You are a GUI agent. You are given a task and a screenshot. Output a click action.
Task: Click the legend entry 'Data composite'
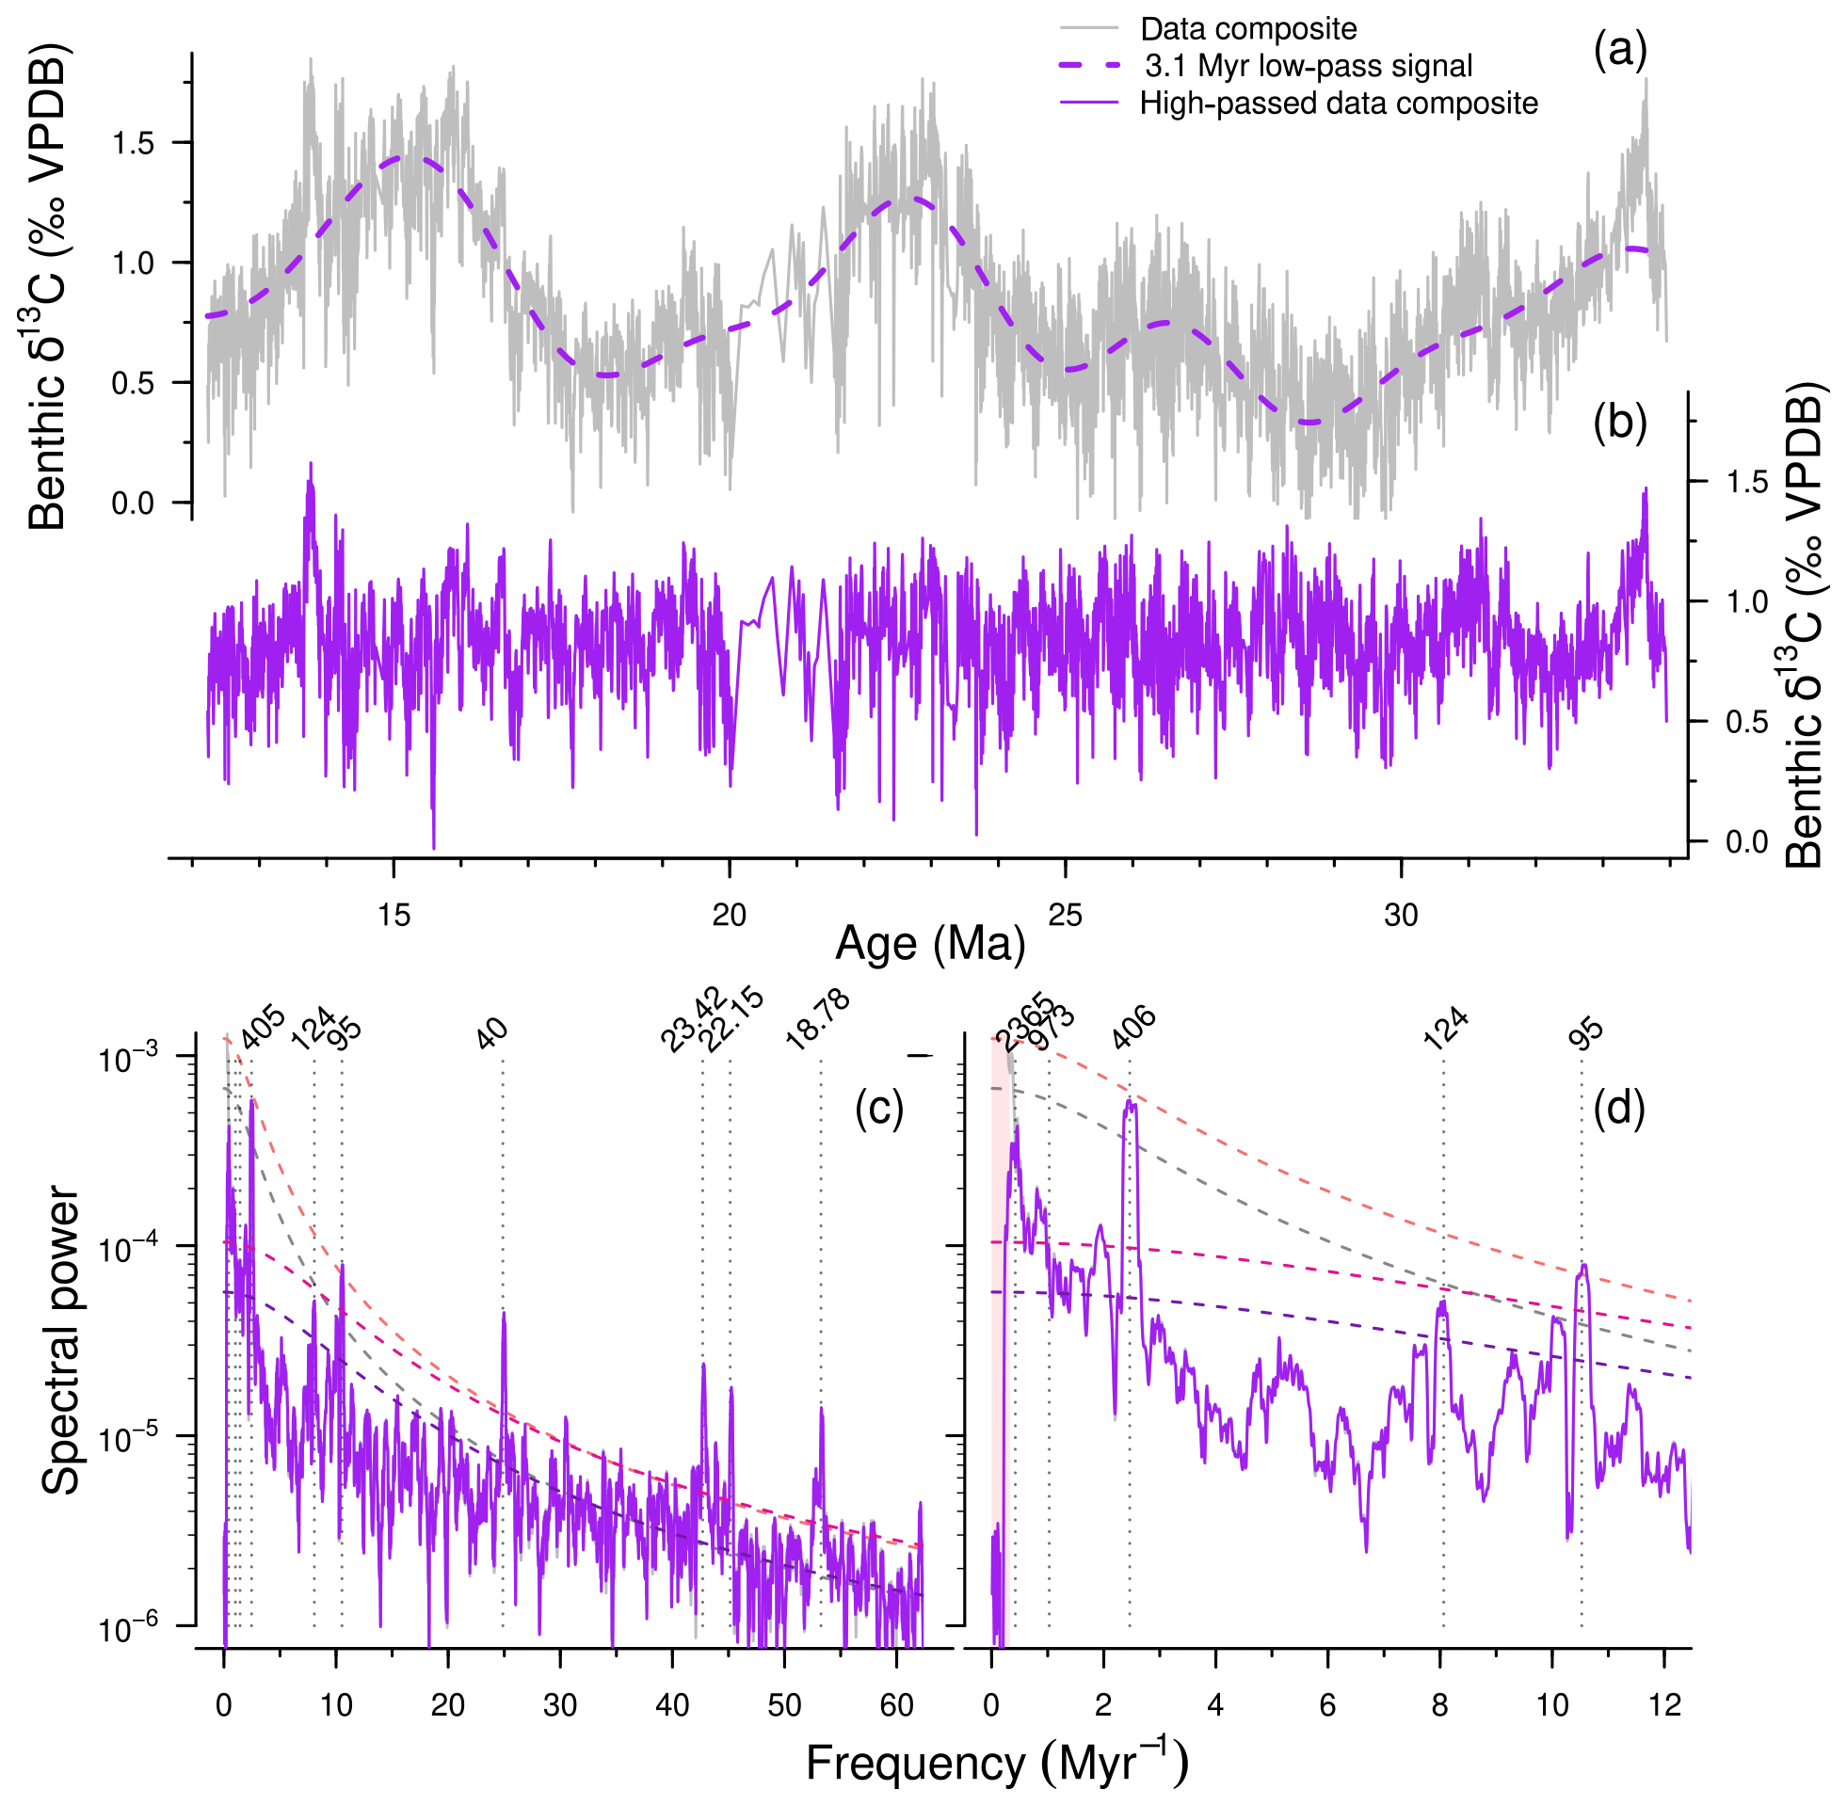pos(1247,29)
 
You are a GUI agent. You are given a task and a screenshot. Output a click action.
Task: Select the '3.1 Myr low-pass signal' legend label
pos(1309,67)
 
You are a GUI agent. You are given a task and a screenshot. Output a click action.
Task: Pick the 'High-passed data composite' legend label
pos(1339,103)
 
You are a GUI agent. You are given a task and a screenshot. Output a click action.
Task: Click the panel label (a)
pos(1620,49)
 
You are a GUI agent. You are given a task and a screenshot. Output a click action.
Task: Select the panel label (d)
pos(1619,1108)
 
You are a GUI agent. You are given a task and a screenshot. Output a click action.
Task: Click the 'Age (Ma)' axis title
pos(930,945)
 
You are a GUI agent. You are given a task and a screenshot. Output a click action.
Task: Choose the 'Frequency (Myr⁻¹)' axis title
pos(997,1765)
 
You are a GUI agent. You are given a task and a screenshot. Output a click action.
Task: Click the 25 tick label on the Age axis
pos(1066,916)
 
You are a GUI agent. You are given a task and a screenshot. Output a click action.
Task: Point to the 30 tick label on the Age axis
pos(1401,916)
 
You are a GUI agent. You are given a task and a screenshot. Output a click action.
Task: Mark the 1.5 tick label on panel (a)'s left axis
pos(133,143)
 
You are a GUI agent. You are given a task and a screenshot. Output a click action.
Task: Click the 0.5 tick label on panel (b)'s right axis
pos(1747,722)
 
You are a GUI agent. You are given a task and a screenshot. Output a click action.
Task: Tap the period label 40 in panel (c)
pos(492,1034)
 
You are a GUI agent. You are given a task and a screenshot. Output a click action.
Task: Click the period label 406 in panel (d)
pos(1134,1029)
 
